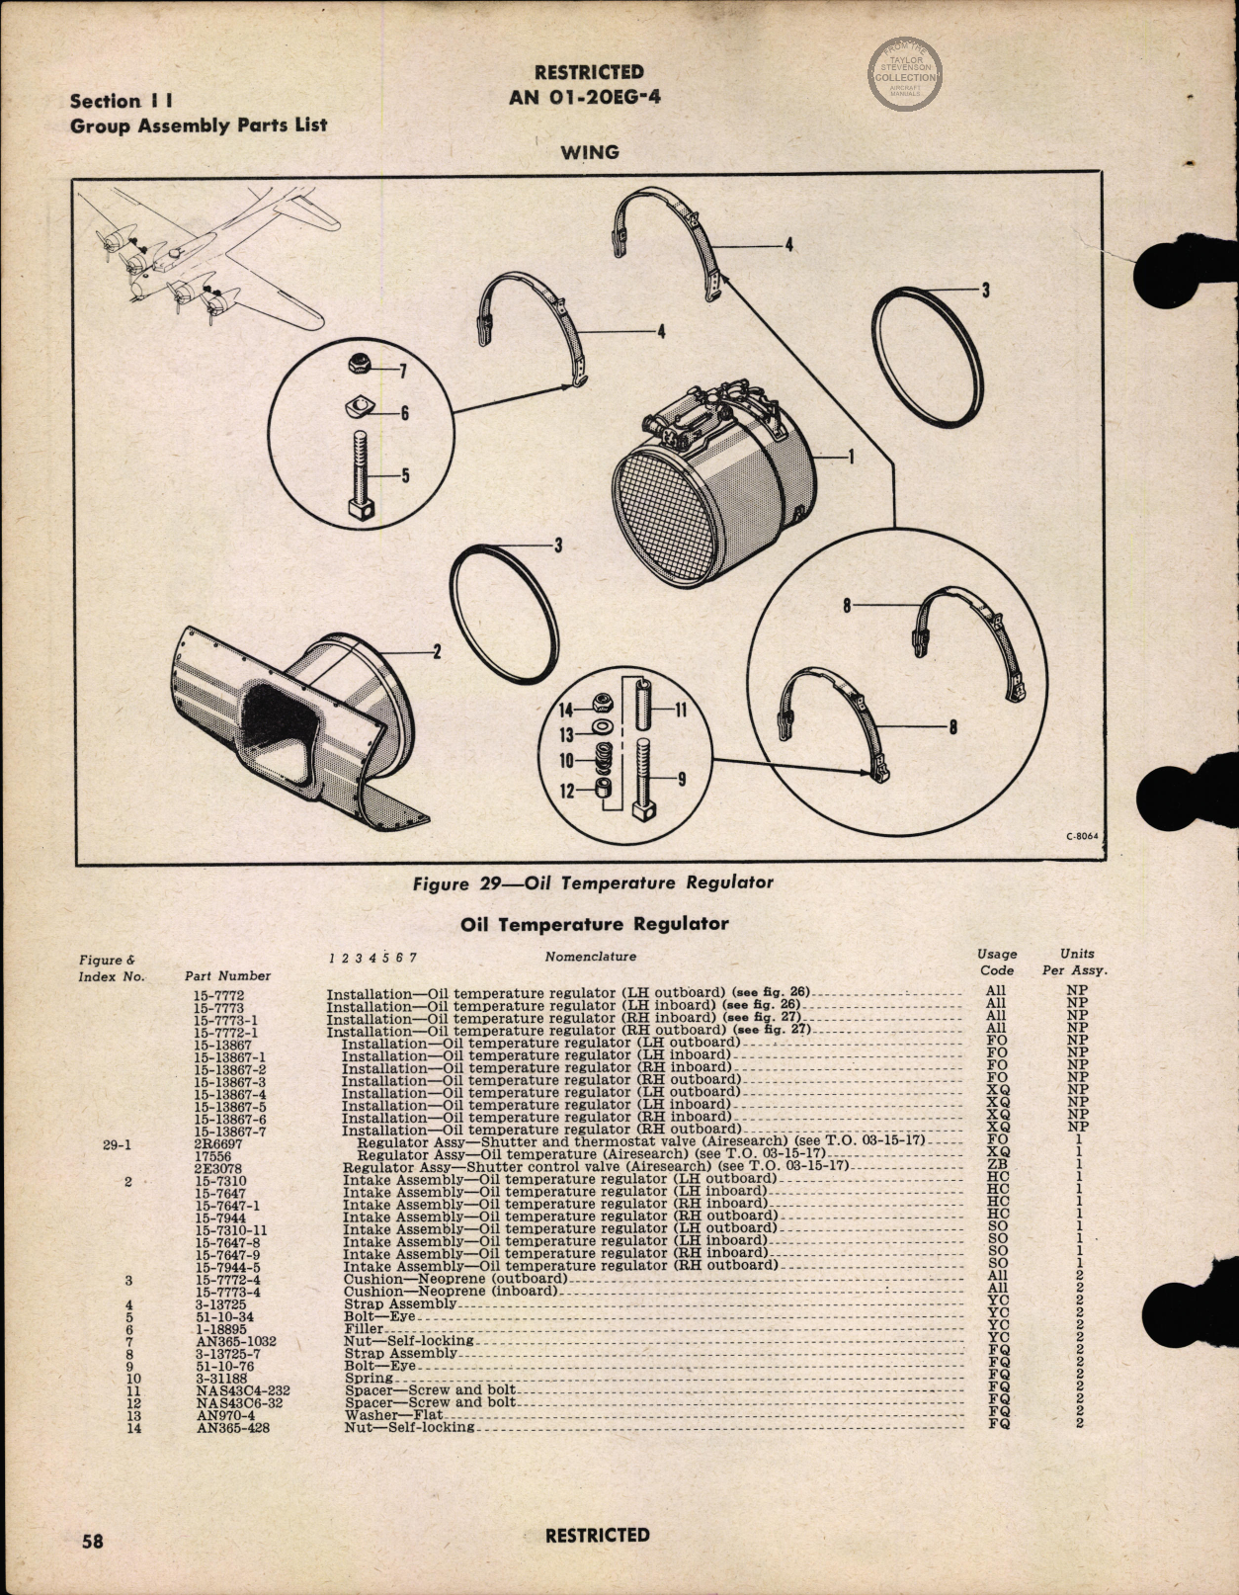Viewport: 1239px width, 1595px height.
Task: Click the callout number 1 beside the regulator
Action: click(x=851, y=457)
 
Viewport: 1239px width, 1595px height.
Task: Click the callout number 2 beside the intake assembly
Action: click(x=437, y=650)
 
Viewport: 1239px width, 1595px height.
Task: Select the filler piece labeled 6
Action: click(x=360, y=408)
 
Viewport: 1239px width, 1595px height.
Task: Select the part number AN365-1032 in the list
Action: click(x=236, y=1342)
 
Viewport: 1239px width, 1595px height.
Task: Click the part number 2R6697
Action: click(x=218, y=1142)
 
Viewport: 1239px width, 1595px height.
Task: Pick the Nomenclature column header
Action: click(x=590, y=957)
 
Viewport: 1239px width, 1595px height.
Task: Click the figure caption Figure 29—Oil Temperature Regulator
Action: click(x=593, y=882)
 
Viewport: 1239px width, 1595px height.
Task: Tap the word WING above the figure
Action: click(x=590, y=152)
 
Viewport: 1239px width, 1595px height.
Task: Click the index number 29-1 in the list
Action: click(x=117, y=1144)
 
